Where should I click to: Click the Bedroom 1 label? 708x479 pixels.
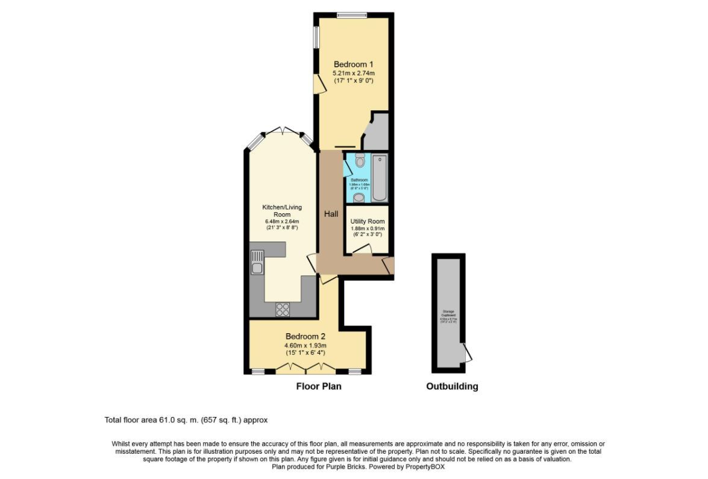[354, 64]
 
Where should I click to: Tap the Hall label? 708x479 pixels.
[331, 214]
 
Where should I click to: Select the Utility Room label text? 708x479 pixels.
[367, 221]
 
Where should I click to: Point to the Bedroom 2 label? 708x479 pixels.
[305, 336]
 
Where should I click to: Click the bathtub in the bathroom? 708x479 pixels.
[380, 178]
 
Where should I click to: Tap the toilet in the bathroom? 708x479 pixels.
[360, 161]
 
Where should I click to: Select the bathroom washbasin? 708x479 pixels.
[359, 198]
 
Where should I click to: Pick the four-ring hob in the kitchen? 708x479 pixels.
[283, 309]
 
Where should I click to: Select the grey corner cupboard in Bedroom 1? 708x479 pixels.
[377, 134]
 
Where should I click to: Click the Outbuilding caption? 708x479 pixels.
[452, 387]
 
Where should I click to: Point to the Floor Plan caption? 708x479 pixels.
[318, 387]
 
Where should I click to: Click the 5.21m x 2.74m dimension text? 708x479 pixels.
[354, 74]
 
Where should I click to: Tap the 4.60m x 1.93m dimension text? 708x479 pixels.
[305, 345]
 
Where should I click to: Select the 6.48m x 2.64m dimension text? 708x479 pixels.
[281, 221]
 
